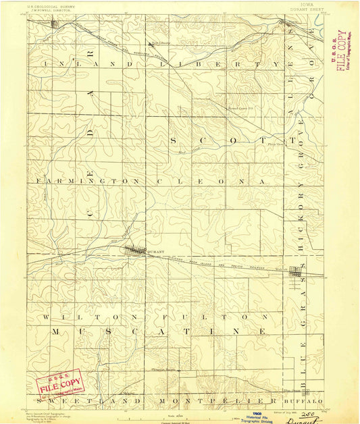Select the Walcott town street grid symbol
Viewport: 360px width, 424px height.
pyautogui.click(x=296, y=273)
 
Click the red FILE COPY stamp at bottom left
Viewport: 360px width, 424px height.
pyautogui.click(x=59, y=385)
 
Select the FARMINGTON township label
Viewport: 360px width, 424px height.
pyautogui.click(x=68, y=182)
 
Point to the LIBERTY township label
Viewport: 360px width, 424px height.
pyautogui.click(x=212, y=63)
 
